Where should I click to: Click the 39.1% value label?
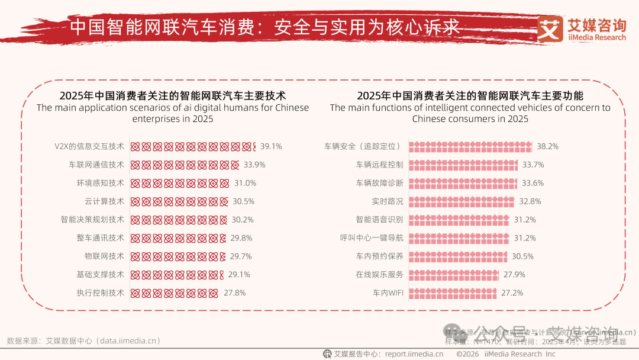271,146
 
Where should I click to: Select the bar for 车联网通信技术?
185,165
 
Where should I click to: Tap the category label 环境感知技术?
100,183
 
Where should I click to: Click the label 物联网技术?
104,256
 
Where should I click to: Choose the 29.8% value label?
241,237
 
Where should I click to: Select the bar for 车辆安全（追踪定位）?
470,146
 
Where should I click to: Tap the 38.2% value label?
547,146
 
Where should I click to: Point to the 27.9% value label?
514,274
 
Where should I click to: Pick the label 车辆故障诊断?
379,183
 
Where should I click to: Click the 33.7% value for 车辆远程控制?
532,165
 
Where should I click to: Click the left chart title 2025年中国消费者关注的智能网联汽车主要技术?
173,95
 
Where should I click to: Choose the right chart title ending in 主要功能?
470,95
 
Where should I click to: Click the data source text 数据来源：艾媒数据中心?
83,341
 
